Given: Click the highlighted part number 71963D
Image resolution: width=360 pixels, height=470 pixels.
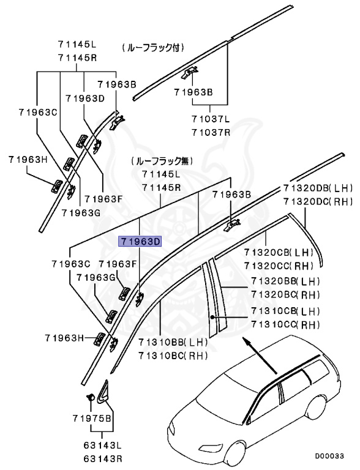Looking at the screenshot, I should point(140,241).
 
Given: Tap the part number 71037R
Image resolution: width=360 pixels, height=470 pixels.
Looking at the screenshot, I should point(210,132).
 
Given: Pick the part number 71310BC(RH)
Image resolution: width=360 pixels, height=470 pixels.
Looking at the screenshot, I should point(173,355).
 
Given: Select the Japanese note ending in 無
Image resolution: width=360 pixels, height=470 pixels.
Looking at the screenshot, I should point(160,162).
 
